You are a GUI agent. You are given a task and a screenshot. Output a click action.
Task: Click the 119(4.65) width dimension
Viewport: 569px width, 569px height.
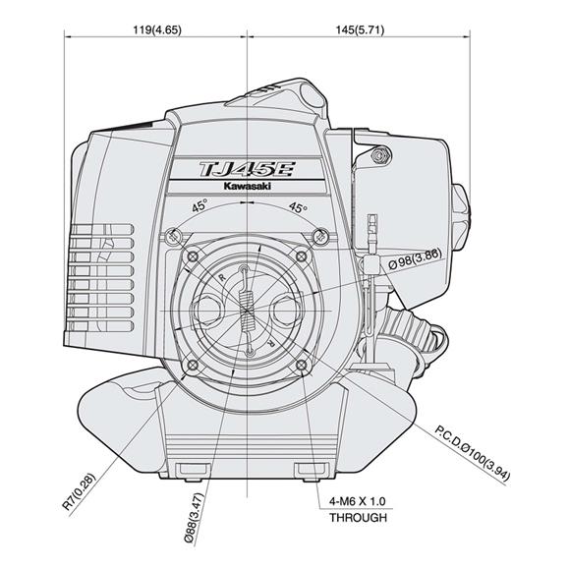155,29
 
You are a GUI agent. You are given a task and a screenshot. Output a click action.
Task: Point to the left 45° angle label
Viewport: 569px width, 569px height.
199,207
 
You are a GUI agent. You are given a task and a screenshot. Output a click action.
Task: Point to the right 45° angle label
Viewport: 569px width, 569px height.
297,207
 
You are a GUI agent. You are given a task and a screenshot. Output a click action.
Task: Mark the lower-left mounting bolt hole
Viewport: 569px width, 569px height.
190,368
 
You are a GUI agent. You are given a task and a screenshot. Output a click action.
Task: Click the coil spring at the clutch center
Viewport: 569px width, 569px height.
247,312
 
